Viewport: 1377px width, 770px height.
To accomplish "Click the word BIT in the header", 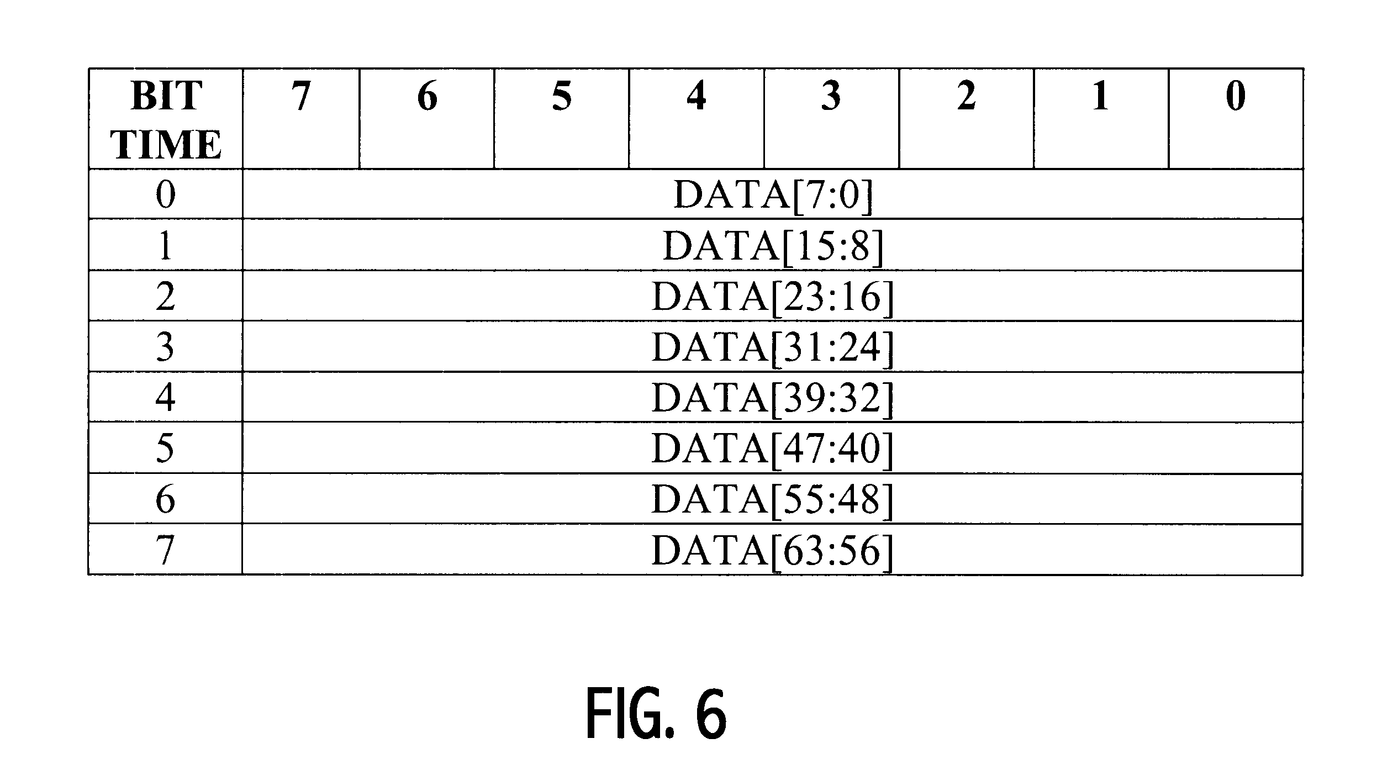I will (x=166, y=96).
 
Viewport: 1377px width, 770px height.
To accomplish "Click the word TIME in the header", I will (x=166, y=144).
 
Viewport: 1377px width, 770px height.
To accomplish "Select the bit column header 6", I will (x=427, y=96).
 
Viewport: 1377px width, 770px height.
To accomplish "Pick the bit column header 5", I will (x=562, y=96).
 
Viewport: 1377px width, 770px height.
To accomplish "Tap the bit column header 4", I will (x=697, y=96).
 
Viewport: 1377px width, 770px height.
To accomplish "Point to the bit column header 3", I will (x=831, y=96).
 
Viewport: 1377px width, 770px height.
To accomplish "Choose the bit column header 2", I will (x=966, y=96).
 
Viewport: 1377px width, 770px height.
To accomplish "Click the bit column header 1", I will (x=1101, y=96).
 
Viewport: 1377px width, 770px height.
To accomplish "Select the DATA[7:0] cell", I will (x=773, y=195).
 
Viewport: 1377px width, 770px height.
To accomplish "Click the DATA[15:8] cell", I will (x=773, y=246).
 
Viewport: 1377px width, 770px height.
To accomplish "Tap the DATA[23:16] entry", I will (x=773, y=297).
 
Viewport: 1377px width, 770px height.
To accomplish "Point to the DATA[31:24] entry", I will (x=773, y=347).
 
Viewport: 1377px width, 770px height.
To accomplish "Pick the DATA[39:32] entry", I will (x=773, y=398).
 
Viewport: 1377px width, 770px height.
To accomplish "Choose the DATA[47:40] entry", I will (x=773, y=449).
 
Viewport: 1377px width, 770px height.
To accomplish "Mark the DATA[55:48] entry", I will (x=773, y=499).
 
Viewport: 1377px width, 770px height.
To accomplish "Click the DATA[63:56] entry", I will (x=773, y=550).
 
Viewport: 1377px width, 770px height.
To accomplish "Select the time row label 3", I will (x=165, y=347).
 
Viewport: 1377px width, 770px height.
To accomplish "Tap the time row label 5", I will (x=165, y=449).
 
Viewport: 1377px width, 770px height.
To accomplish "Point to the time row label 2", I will (x=165, y=297).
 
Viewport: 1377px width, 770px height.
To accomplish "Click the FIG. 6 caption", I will (x=656, y=714).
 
